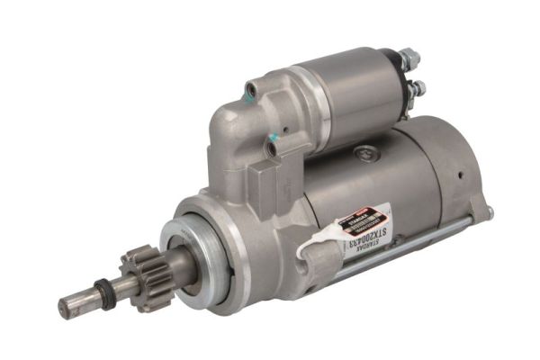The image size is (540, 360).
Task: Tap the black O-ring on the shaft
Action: [104, 293]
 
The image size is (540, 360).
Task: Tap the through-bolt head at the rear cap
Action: [490, 213]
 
